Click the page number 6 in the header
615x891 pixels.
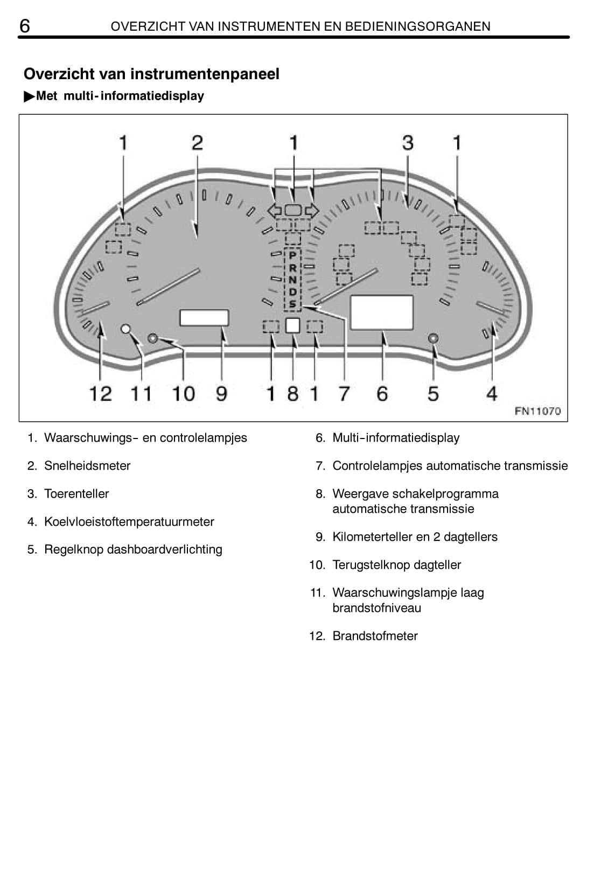coord(24,25)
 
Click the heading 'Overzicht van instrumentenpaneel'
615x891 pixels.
coord(151,74)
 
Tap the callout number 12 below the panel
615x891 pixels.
coord(101,394)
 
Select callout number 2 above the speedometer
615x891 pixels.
coord(197,143)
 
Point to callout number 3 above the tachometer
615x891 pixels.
coord(408,143)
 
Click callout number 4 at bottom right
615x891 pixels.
coord(492,394)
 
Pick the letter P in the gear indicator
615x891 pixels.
coord(292,255)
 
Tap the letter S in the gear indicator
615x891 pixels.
coord(292,304)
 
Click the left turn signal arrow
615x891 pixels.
coord(275,211)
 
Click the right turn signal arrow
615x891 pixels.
coord(312,211)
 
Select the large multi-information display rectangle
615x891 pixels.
coord(382,312)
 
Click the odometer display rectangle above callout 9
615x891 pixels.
coord(204,318)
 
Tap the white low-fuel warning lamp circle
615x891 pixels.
coord(126,328)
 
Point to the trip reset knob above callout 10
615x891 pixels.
coord(152,338)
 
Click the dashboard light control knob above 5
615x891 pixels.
coord(433,338)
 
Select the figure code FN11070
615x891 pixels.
coord(537,411)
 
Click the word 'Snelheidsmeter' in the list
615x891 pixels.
coord(87,466)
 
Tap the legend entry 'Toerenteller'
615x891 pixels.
coord(76,494)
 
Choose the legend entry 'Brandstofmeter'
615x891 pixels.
coord(375,636)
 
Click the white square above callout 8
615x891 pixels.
coord(292,325)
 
